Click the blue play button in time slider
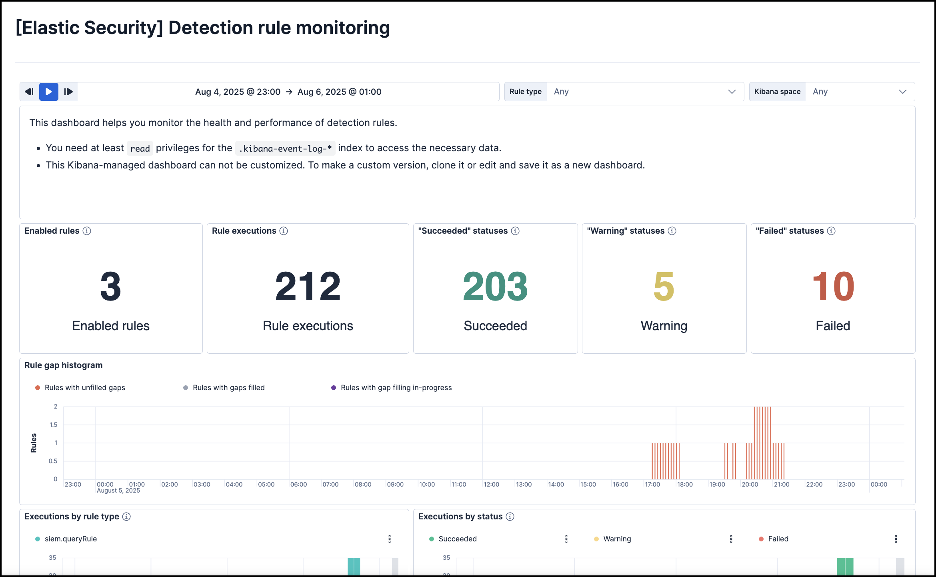(x=48, y=92)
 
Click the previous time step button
(x=29, y=92)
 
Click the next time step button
(x=68, y=92)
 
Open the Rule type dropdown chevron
(x=732, y=92)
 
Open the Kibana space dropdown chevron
(x=902, y=92)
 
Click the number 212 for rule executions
(x=308, y=286)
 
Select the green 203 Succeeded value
(x=495, y=286)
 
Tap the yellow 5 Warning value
(x=664, y=286)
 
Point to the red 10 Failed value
(x=833, y=286)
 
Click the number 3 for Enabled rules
(x=110, y=286)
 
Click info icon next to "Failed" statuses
(x=831, y=231)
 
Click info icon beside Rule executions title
(x=284, y=231)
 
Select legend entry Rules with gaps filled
(x=228, y=388)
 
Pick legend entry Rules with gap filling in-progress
(x=396, y=388)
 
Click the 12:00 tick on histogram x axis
(x=491, y=485)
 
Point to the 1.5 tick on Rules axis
(x=53, y=425)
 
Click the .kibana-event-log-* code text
(x=285, y=148)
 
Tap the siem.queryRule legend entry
(x=71, y=539)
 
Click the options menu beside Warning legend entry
(x=731, y=539)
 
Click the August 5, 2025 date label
(x=118, y=491)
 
